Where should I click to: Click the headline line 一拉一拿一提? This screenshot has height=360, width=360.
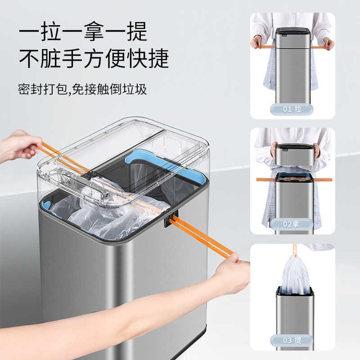(x=83, y=32)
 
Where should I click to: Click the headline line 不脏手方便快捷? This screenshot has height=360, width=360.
(x=94, y=59)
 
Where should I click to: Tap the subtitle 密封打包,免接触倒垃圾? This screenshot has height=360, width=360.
(x=83, y=89)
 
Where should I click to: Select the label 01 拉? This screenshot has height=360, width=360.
(x=292, y=109)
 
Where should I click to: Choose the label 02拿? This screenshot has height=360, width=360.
(x=292, y=224)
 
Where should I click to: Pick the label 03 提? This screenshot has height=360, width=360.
(x=292, y=340)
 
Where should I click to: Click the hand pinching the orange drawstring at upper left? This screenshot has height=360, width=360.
(x=20, y=145)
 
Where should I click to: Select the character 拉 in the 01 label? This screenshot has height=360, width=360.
(x=298, y=109)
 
